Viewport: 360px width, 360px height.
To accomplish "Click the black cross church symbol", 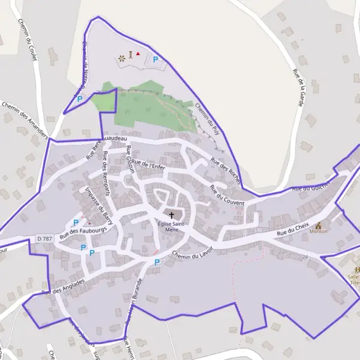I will click(x=172, y=215).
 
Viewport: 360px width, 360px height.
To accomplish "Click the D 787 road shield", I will click(x=43, y=239).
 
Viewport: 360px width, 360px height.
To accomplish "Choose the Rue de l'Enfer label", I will click(x=148, y=164).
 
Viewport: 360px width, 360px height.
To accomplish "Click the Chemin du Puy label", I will click(x=207, y=116).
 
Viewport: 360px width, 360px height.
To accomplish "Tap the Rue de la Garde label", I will click(x=298, y=88).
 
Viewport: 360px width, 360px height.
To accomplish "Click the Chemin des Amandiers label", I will click(x=25, y=118).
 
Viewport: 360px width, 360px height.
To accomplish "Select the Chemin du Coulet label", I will click(x=28, y=40).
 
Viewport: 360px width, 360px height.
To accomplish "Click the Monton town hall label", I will click(x=319, y=231).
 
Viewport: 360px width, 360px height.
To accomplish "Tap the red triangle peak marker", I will click(x=138, y=54).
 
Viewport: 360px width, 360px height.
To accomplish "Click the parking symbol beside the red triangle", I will click(x=155, y=59).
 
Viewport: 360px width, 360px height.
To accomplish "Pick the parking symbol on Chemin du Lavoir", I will click(x=157, y=262).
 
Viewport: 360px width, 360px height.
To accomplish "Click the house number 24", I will click(x=305, y=257).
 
